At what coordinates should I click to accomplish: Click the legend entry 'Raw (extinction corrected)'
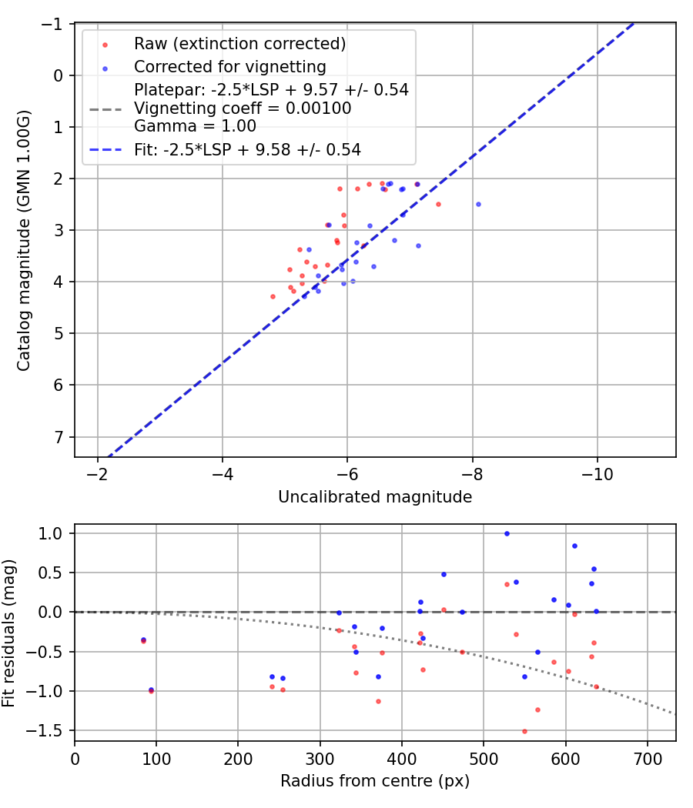pyautogui.click(x=239, y=44)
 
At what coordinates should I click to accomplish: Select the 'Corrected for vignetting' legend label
pyautogui.click(x=230, y=67)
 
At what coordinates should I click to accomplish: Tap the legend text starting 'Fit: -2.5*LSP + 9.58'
pyautogui.click(x=247, y=149)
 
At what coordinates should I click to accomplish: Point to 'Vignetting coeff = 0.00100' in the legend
pyautogui.click(x=243, y=109)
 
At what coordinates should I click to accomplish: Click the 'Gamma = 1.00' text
pyautogui.click(x=195, y=126)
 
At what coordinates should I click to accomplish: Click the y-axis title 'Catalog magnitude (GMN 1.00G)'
pyautogui.click(x=25, y=240)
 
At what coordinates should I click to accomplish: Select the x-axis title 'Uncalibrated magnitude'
pyautogui.click(x=375, y=497)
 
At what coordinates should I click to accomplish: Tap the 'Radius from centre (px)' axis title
pyautogui.click(x=375, y=781)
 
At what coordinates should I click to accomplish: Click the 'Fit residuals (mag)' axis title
pyautogui.click(x=9, y=633)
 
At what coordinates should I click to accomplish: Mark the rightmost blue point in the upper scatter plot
pyautogui.click(x=478, y=204)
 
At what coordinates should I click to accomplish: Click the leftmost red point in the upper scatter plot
pyautogui.click(x=273, y=296)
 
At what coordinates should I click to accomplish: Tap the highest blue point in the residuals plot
pyautogui.click(x=507, y=533)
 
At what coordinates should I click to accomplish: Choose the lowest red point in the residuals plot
pyautogui.click(x=524, y=731)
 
